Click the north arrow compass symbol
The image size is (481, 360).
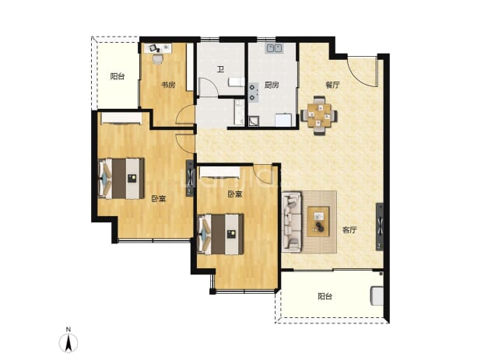(68, 343)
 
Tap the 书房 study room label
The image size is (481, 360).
(168, 85)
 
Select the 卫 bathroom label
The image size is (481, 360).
(220, 69)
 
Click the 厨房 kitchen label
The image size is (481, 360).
(272, 85)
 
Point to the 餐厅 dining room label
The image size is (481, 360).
(333, 85)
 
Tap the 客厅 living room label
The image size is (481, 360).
(349, 230)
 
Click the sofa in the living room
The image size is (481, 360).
(292, 222)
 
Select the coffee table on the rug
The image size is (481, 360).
(319, 222)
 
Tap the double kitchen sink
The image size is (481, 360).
(274, 48)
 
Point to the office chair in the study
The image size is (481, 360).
(158, 59)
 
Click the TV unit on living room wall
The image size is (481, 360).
(380, 227)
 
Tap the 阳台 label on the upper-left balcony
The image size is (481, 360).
(118, 76)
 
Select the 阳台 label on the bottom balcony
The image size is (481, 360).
(325, 296)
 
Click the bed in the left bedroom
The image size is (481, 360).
(121, 179)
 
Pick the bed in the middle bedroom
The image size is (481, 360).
(221, 234)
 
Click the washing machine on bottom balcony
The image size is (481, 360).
(377, 295)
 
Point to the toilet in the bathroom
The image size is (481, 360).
(236, 82)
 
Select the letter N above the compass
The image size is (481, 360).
(68, 330)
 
